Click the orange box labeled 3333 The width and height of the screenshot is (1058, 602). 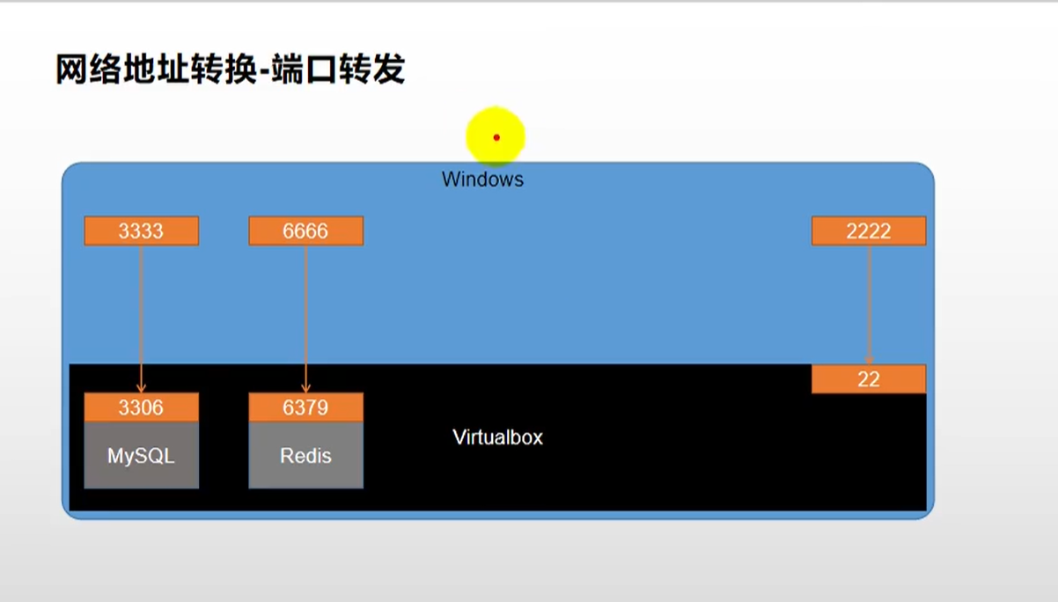(141, 231)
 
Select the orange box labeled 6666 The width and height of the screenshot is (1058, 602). (305, 231)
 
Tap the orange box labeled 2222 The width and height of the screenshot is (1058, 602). (868, 231)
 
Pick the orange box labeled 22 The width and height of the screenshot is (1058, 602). (868, 379)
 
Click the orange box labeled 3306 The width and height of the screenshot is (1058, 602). (141, 407)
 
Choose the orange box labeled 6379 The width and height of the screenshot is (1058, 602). (305, 407)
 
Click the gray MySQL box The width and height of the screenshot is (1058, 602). (141, 456)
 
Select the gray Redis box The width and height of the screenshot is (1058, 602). (305, 456)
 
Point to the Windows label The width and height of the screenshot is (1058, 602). (482, 180)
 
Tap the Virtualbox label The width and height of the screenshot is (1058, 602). (497, 437)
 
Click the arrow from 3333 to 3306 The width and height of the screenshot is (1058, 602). (141, 317)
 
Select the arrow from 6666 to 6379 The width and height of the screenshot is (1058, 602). (305, 317)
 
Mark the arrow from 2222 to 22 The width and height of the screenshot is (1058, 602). (869, 304)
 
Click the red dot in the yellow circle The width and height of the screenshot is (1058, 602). (496, 137)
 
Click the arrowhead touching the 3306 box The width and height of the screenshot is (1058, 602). (141, 388)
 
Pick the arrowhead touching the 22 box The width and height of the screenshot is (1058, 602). (869, 359)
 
